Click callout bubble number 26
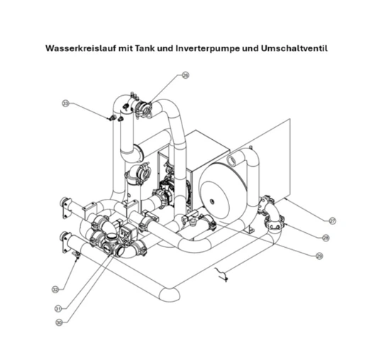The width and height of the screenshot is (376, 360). click(186, 75)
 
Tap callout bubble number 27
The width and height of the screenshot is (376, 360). click(332, 221)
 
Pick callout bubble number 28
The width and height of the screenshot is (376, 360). click(326, 238)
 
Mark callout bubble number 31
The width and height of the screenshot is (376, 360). click(57, 307)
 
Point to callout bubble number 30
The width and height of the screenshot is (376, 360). click(58, 322)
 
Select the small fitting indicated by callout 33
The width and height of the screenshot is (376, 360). click(111, 117)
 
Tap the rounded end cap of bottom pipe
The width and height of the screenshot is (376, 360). click(167, 292)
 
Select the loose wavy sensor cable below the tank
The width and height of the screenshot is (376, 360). click(222, 272)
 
